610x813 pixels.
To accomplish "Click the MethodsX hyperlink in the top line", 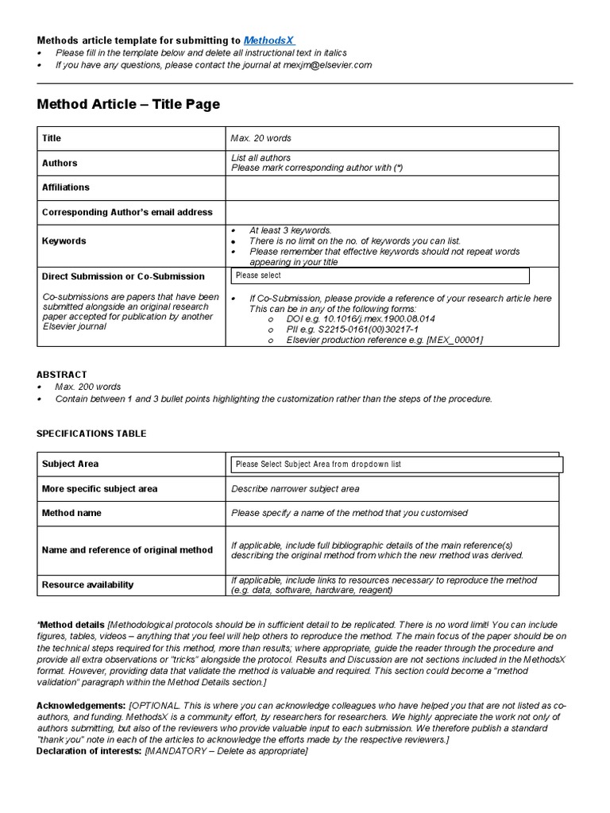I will pyautogui.click(x=272, y=40).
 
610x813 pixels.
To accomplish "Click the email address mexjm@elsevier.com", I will pyautogui.click(x=322, y=65).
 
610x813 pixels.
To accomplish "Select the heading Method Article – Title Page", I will pyautogui.click(x=129, y=104).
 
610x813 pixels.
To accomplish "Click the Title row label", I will pyautogui.click(x=52, y=138).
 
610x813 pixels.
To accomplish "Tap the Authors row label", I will pyautogui.click(x=60, y=163).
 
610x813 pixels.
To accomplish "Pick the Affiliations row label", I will pyautogui.click(x=66, y=187).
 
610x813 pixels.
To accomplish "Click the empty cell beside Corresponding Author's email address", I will pyautogui.click(x=392, y=212).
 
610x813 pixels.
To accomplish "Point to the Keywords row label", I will pyautogui.click(x=64, y=241).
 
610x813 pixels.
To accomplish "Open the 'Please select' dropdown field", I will pyautogui.click(x=380, y=275).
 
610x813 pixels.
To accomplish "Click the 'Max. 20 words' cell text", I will pyautogui.click(x=261, y=138).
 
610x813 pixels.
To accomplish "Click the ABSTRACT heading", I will pyautogui.click(x=62, y=374).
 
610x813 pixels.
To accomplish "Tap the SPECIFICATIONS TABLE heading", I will pyautogui.click(x=91, y=433).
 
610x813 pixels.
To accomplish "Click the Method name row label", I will pyautogui.click(x=71, y=513).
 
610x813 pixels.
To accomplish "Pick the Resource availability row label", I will pyautogui.click(x=88, y=584).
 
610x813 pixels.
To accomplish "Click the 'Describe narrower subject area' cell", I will pyautogui.click(x=295, y=489).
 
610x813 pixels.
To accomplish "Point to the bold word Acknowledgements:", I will pyautogui.click(x=81, y=705).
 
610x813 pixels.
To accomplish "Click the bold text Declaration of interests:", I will pyautogui.click(x=89, y=751).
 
